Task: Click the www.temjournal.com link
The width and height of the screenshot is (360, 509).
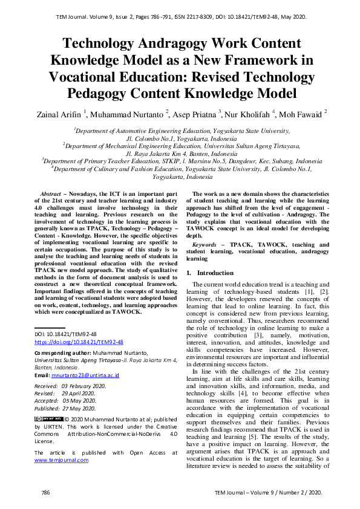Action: (x=61, y=459)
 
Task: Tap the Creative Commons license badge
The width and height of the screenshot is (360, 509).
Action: (x=48, y=418)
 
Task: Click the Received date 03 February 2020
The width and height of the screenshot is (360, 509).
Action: (x=70, y=385)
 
